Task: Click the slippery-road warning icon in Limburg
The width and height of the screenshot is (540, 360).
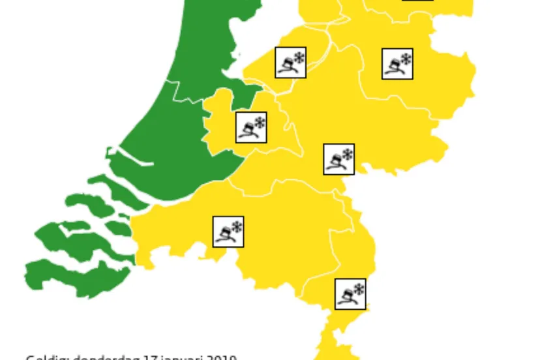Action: (350, 293)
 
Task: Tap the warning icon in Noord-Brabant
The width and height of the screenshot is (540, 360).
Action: (228, 232)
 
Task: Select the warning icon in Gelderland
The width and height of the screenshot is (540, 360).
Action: (339, 159)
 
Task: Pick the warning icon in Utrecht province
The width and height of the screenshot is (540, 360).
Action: (251, 128)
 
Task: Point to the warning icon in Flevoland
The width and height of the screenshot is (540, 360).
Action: (291, 63)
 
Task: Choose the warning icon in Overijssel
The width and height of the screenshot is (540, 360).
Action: (397, 64)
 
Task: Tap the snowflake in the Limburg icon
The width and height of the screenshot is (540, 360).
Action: (359, 288)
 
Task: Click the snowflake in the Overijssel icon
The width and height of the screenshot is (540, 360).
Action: (406, 58)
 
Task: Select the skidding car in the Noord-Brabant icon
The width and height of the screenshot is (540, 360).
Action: (224, 234)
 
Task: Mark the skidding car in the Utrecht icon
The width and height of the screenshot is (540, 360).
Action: (247, 130)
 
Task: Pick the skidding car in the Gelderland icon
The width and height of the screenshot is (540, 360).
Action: (335, 162)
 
